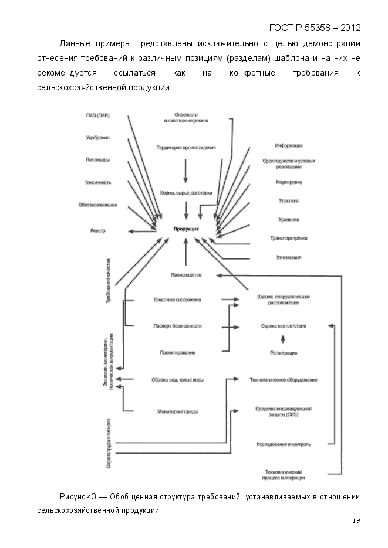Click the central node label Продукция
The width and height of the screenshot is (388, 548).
point(186,229)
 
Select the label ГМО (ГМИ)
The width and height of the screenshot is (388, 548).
point(97,115)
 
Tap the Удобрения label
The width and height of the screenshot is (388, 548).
point(97,138)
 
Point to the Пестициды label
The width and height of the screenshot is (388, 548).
point(97,159)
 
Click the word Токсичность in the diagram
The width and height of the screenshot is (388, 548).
point(97,182)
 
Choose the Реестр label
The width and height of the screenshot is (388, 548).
point(98,231)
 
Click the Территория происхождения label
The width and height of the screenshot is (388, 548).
point(186,148)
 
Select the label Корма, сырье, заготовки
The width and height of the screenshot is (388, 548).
point(186,193)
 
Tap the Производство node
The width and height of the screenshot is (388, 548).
point(186,275)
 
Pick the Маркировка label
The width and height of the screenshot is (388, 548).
point(289,182)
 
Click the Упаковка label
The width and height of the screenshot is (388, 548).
point(289,201)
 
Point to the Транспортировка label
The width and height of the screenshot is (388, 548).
point(289,238)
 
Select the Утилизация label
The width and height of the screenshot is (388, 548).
point(289,257)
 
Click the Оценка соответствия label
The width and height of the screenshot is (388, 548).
point(284,325)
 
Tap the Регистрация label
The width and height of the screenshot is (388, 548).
point(284,353)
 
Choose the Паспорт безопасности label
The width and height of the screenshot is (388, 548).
point(178,325)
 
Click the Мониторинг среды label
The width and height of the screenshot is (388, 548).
point(178,412)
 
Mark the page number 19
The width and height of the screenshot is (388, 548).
point(356,520)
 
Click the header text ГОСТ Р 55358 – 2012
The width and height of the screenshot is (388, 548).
point(315,28)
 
